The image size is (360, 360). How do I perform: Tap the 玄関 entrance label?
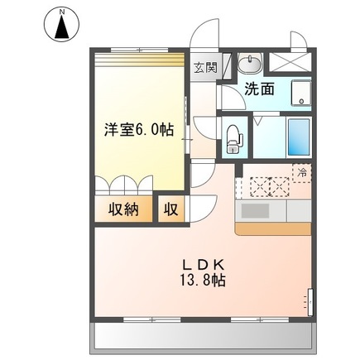pyautogui.click(x=205, y=69)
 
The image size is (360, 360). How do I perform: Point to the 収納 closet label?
pyautogui.click(x=121, y=209)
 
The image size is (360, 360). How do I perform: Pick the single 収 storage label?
pyautogui.click(x=170, y=209)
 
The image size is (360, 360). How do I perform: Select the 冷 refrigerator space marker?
pyautogui.click(x=302, y=173)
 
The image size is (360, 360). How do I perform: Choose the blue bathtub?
pyautogui.click(x=298, y=137)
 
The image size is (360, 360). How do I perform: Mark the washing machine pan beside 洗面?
pyautogui.click(x=301, y=93)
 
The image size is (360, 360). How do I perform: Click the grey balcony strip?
pyautogui.click(x=204, y=334)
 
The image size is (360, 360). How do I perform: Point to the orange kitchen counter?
pyautogui.click(x=273, y=226)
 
